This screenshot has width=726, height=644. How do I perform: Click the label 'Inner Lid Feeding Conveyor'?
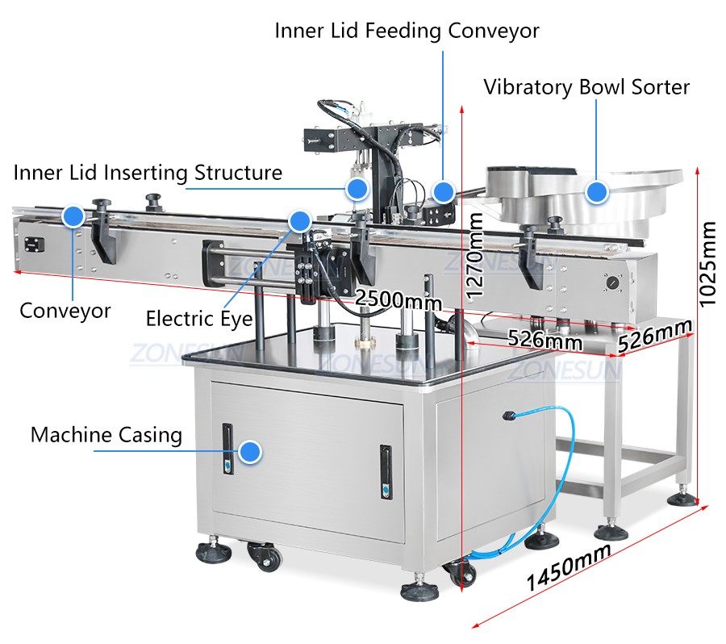[x=407, y=31]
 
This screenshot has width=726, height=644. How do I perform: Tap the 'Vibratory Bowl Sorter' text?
[x=586, y=87]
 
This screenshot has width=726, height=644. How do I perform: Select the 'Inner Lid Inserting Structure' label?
[x=148, y=173]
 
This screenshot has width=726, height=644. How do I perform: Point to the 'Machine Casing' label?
[x=106, y=435]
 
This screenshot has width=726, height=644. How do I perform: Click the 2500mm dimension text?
[x=398, y=300]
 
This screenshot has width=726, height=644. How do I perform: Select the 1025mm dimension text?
[x=707, y=264]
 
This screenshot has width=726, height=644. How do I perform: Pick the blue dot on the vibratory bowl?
[x=596, y=192]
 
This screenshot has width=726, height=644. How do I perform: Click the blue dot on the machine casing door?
[x=252, y=452]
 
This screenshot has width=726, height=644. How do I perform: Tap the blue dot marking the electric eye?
[x=300, y=220]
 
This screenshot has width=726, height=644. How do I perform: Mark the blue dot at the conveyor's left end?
[x=74, y=215]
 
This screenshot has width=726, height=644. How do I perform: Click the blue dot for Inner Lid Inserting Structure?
[x=356, y=190]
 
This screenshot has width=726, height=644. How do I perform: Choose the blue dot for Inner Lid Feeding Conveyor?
[x=442, y=191]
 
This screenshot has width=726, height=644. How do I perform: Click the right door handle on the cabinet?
[x=386, y=472]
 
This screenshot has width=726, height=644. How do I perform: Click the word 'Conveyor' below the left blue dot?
[x=65, y=311]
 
